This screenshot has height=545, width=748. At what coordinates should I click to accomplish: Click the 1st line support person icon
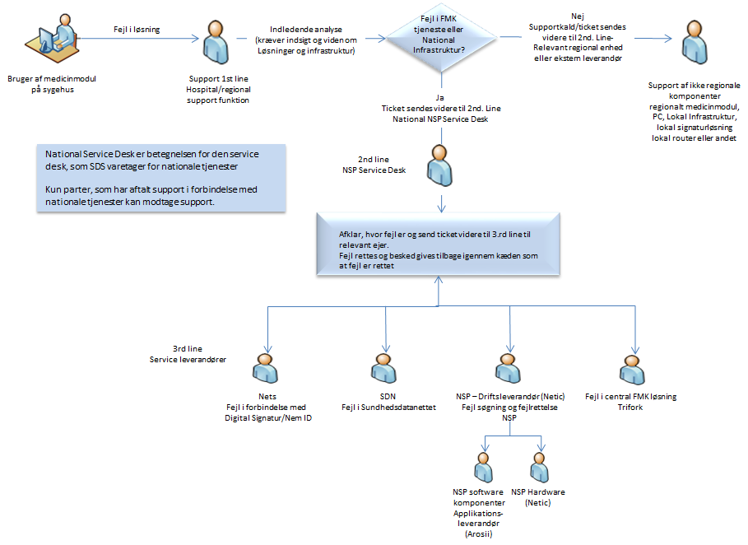coord(215,40)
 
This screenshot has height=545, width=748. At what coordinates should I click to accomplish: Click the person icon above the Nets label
coord(265,370)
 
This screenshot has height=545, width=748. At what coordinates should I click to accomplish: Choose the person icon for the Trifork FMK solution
coord(631,370)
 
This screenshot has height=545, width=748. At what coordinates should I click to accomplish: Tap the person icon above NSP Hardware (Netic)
coord(539,467)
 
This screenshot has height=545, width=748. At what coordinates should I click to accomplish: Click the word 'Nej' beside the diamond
coord(577,16)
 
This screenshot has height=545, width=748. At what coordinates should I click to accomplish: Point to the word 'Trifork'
coord(630,408)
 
